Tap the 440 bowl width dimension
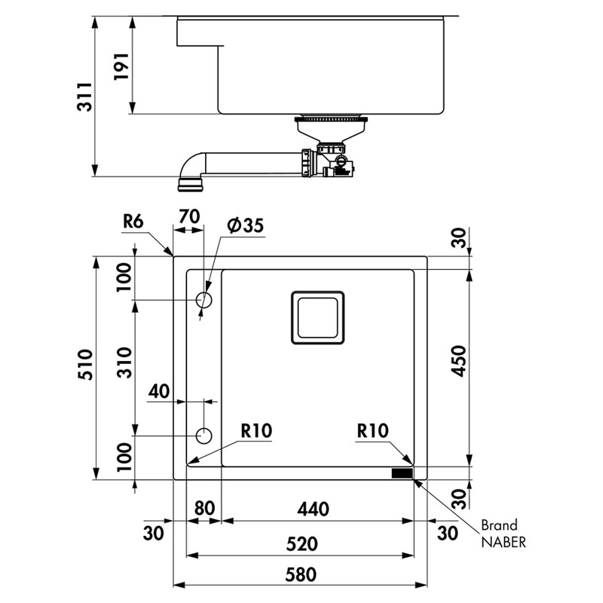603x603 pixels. [313, 510]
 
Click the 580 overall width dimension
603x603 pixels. [300, 574]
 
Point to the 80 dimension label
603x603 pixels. [204, 510]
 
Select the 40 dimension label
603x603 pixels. [158, 391]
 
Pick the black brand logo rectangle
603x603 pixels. [401, 473]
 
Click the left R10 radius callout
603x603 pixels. [256, 431]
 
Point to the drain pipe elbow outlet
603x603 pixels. [188, 182]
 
